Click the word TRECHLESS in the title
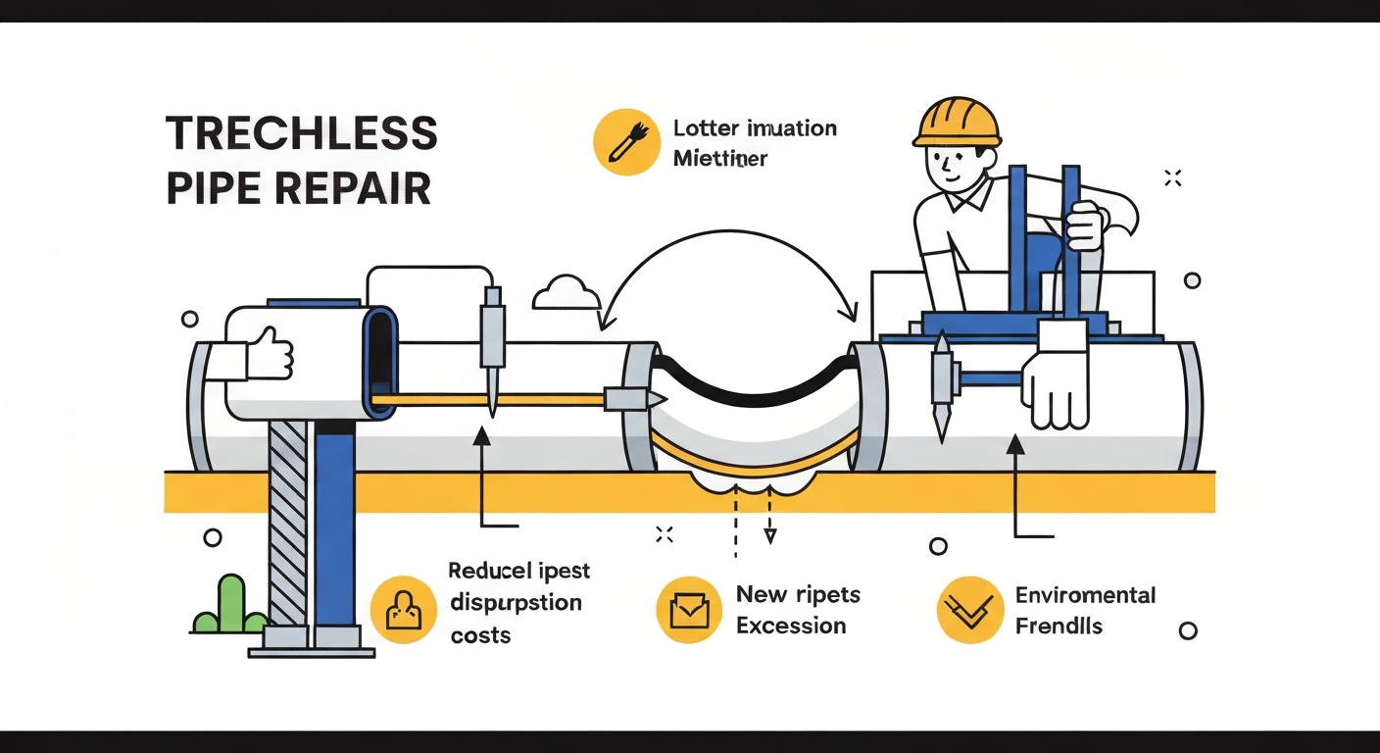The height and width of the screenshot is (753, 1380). pyautogui.click(x=302, y=133)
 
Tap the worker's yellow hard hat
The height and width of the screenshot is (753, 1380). pyautogui.click(x=957, y=122)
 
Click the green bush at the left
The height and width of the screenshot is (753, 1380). pyautogui.click(x=228, y=608)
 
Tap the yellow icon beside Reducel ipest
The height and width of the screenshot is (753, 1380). pyautogui.click(x=402, y=609)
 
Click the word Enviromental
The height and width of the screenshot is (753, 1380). pyautogui.click(x=1085, y=595)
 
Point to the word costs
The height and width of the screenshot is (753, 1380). pyautogui.click(x=480, y=635)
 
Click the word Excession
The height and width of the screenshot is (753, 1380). pyautogui.click(x=791, y=626)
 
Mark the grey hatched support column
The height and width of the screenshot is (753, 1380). pyautogui.click(x=288, y=520)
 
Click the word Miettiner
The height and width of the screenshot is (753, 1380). pyautogui.click(x=720, y=158)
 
